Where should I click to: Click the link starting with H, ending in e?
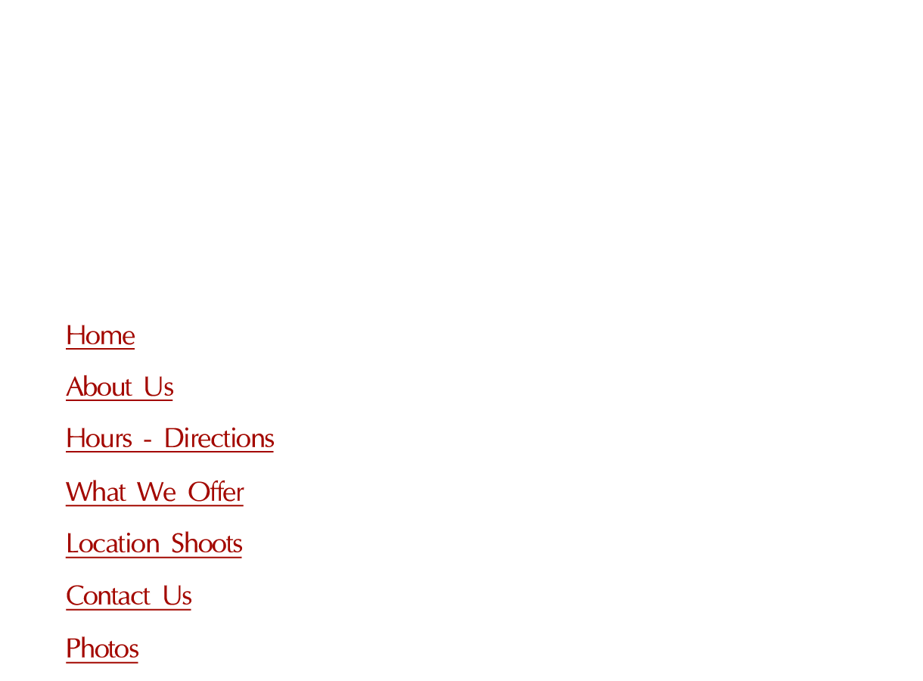[100, 337]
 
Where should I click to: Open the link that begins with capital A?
[120, 388]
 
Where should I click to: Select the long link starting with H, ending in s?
[169, 440]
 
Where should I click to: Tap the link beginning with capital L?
[154, 545]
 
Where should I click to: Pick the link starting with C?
[129, 597]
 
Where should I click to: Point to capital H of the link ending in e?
[73, 335]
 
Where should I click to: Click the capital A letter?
[73, 387]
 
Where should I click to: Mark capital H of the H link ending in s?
[73, 439]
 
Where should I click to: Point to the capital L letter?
[72, 545]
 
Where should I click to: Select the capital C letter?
[75, 597]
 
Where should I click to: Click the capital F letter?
[73, 649]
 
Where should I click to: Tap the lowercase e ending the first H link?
[129, 338]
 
